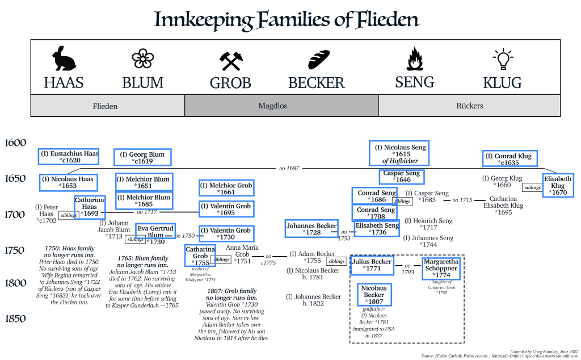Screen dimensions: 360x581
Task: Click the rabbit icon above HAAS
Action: click(64, 58)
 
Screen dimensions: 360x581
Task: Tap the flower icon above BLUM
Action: click(142, 59)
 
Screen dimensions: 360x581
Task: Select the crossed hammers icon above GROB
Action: click(231, 61)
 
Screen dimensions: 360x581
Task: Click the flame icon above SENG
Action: click(415, 58)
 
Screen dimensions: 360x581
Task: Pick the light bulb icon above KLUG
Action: click(502, 60)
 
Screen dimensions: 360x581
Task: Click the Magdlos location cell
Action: click(281, 106)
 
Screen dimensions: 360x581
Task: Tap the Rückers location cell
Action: click(469, 106)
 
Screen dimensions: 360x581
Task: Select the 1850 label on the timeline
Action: click(15, 319)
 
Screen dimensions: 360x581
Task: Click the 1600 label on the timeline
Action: click(15, 143)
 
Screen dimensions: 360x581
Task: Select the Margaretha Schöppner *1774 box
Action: click(440, 269)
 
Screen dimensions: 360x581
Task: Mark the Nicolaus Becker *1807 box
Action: click(374, 295)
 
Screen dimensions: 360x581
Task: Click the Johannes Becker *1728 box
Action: click(311, 228)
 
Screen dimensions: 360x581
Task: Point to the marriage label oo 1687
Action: click(289, 169)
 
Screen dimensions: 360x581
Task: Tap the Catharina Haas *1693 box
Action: click(90, 207)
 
